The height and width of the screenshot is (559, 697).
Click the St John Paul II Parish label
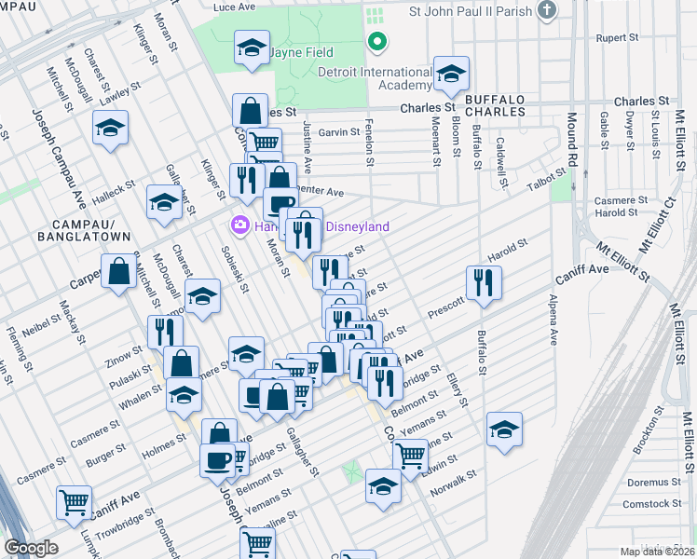[471, 12]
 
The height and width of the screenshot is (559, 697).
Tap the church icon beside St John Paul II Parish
[547, 11]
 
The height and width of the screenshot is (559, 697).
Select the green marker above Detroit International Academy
[376, 42]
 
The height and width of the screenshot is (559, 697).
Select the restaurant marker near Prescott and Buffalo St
[484, 283]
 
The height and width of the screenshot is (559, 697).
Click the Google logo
[32, 547]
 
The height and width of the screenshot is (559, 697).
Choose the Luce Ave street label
[234, 7]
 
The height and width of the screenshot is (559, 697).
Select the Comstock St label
[647, 504]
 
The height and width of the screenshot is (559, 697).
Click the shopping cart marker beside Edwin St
[409, 457]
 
